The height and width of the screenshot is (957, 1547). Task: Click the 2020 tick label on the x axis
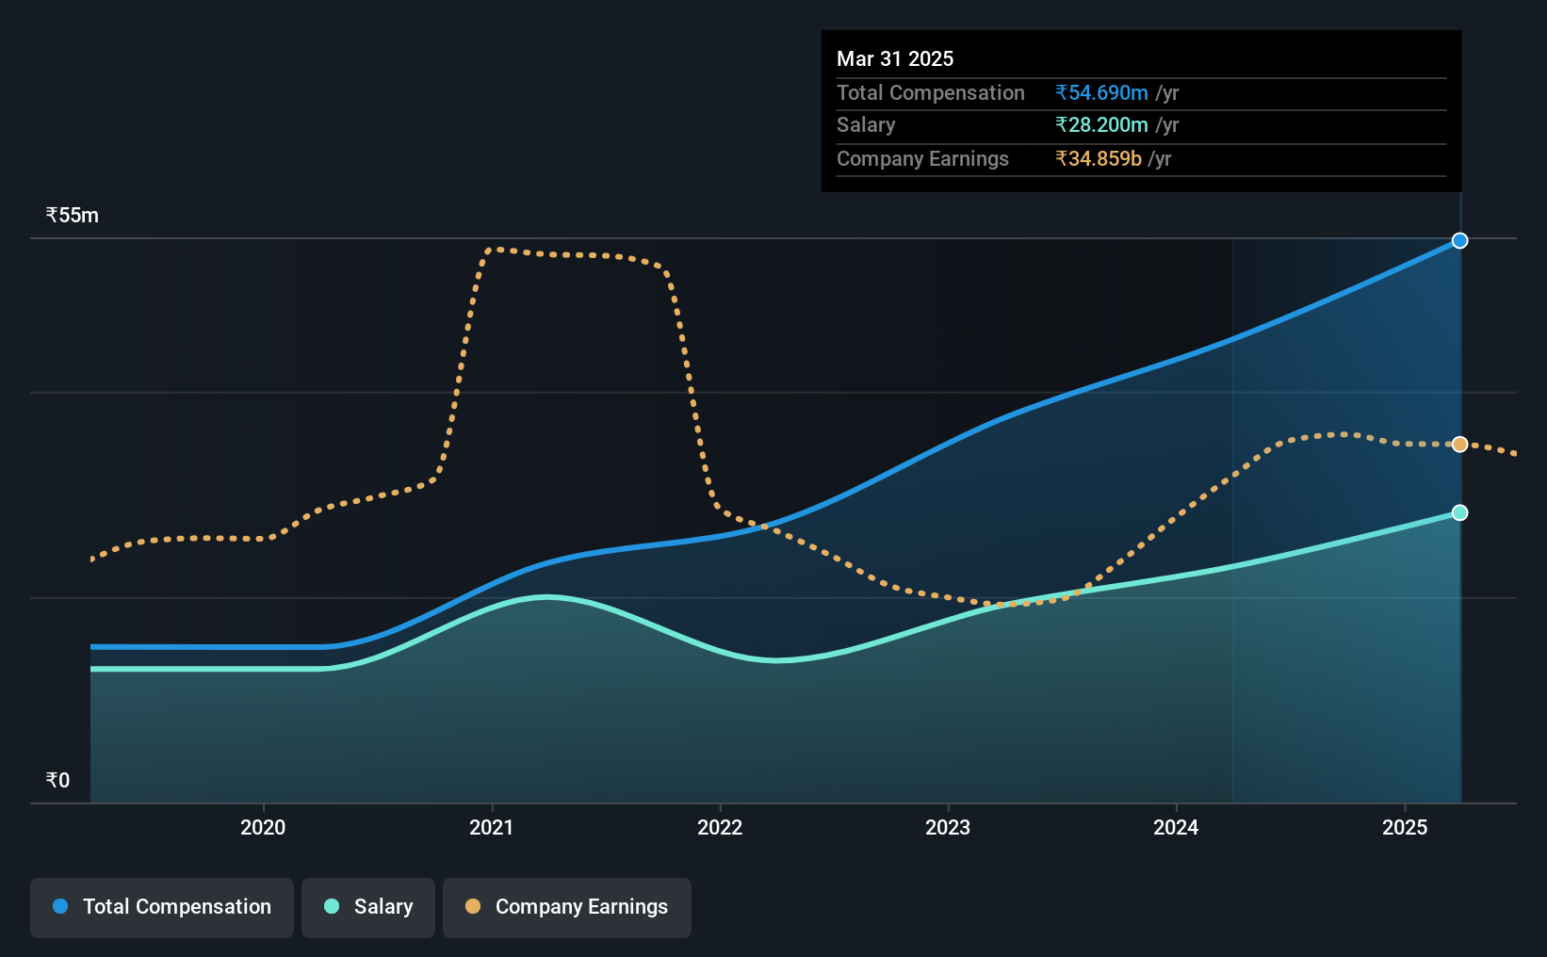click(263, 827)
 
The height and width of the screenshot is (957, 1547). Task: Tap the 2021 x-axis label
click(491, 827)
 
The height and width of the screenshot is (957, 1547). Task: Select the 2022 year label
click(720, 827)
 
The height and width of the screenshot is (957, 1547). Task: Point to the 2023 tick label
click(948, 827)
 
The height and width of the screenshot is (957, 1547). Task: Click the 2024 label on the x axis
click(1176, 827)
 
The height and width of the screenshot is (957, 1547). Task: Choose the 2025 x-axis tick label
click(1405, 827)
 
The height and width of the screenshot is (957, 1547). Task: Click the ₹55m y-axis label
click(72, 216)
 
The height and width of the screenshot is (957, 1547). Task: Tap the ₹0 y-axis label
click(58, 780)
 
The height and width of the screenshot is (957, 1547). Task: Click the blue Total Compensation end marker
click(1459, 241)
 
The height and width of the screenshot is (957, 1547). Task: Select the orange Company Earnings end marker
click(1459, 445)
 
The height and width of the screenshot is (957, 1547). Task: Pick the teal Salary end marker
click(1459, 513)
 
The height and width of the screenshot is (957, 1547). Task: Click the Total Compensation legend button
click(162, 907)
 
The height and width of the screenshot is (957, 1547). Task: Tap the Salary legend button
click(368, 907)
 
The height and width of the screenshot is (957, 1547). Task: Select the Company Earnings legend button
click(567, 907)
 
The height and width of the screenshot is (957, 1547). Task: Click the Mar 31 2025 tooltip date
click(895, 58)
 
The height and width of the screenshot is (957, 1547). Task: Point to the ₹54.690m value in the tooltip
click(1101, 92)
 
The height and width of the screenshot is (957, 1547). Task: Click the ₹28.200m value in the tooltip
click(1101, 125)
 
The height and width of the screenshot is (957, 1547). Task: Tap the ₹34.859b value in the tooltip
click(1099, 159)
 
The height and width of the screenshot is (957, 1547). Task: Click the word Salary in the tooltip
click(866, 125)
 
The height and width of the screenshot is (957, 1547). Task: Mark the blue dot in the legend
click(61, 906)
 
